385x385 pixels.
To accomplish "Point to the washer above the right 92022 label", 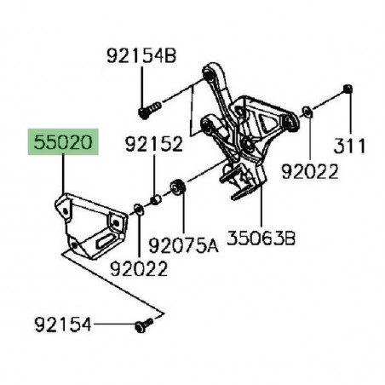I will (306, 111).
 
